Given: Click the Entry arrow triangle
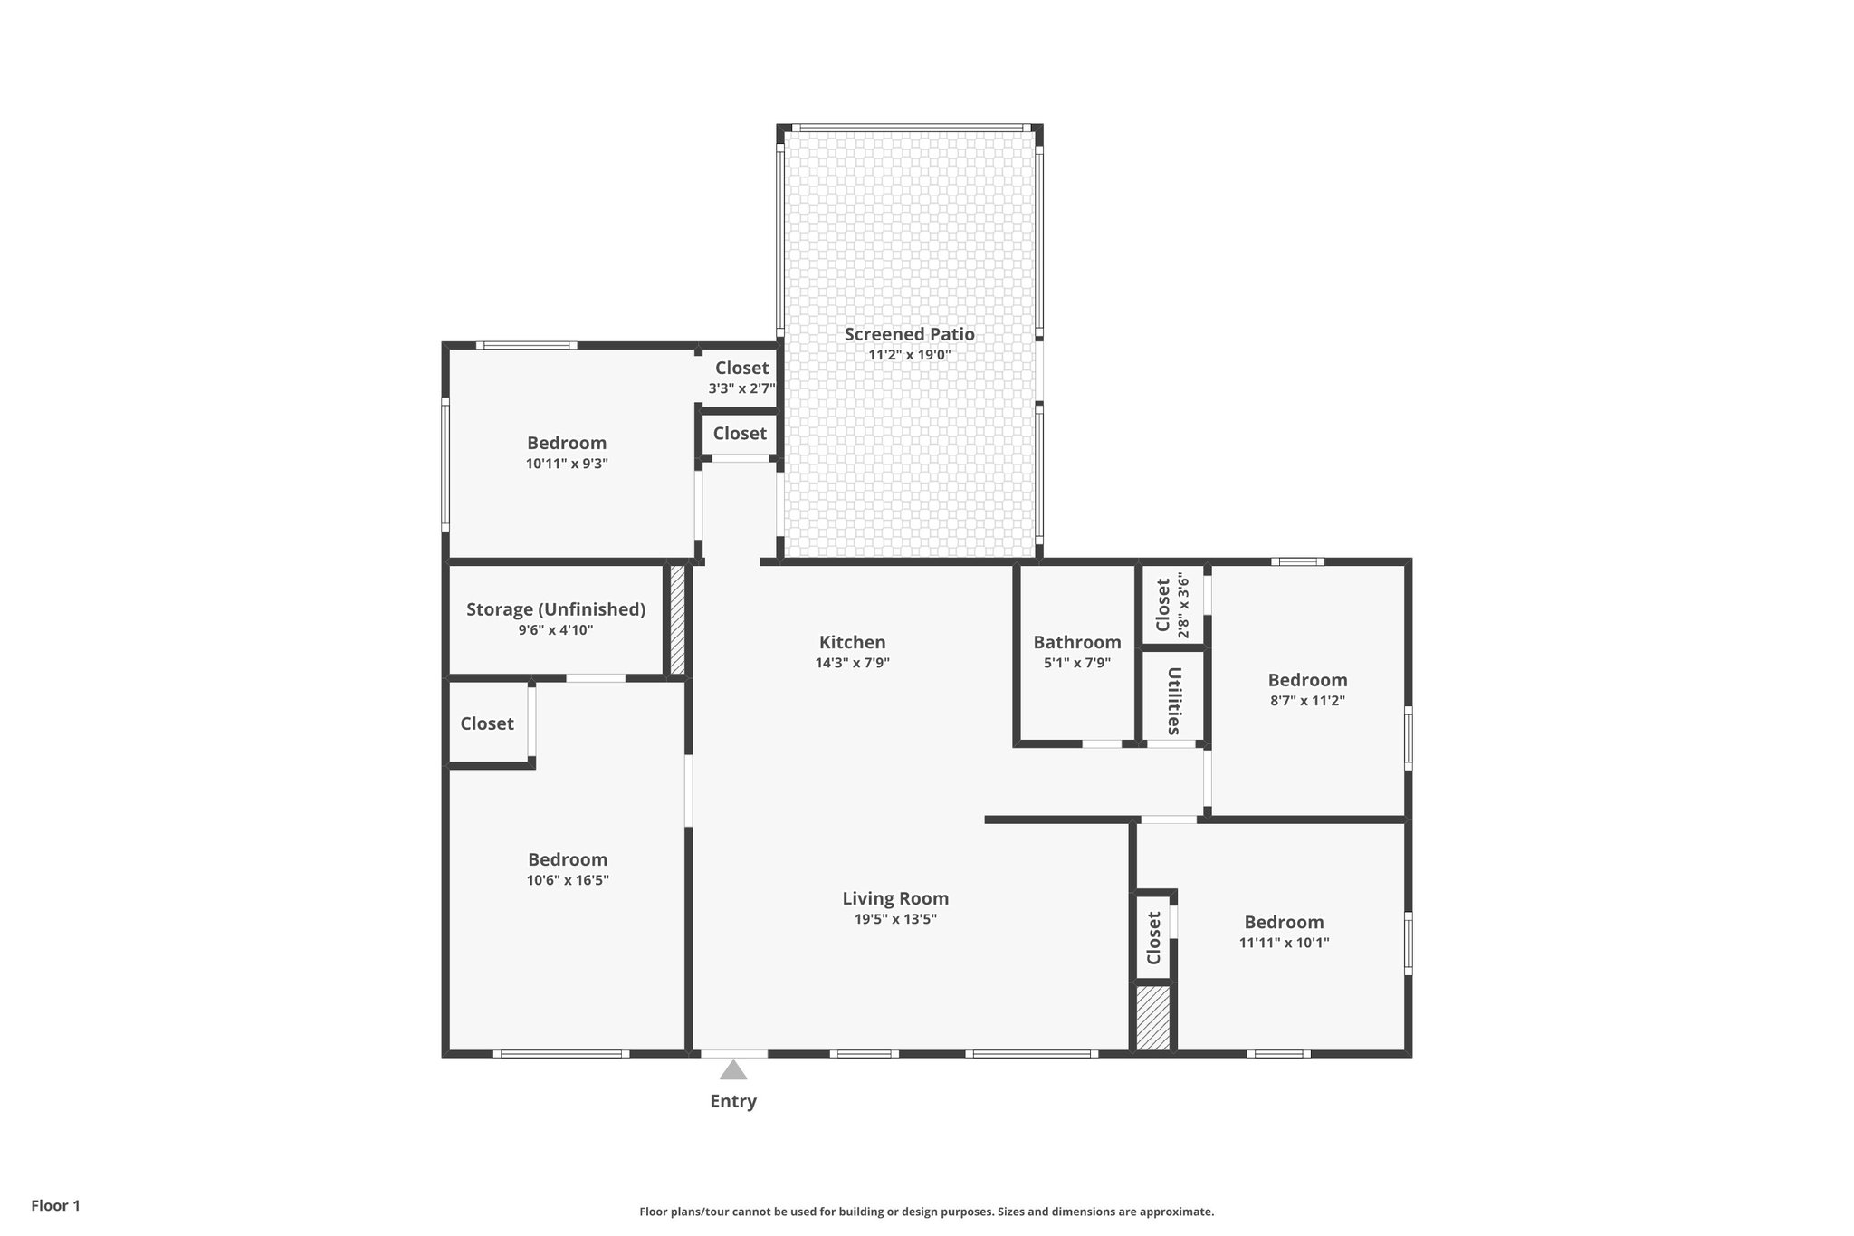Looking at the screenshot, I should pyautogui.click(x=733, y=1071).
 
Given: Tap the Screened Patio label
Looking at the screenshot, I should pyautogui.click(x=909, y=334).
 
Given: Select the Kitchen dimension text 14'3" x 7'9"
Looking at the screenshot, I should pyautogui.click(x=852, y=663).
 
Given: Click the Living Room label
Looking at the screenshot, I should pyautogui.click(x=895, y=898).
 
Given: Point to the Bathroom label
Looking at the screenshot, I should pyautogui.click(x=1076, y=642).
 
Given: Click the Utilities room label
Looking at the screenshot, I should pyautogui.click(x=1173, y=701).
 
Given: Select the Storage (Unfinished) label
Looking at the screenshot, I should pyautogui.click(x=555, y=609).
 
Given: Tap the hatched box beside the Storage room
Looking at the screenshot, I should pyautogui.click(x=676, y=620).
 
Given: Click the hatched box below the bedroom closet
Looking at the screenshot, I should pyautogui.click(x=1152, y=1019).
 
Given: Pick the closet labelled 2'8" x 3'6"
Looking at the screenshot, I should pyautogui.click(x=1172, y=604).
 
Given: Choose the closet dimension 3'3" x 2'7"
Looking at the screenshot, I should pyautogui.click(x=741, y=388).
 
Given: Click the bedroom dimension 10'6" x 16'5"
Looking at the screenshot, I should pyautogui.click(x=568, y=880).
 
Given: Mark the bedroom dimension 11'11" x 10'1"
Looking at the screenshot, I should pyautogui.click(x=1284, y=943).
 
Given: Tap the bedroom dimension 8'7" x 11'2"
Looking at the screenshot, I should pyautogui.click(x=1306, y=701).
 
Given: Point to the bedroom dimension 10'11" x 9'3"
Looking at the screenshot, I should pyautogui.click(x=567, y=464).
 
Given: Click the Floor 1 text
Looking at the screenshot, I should pyautogui.click(x=55, y=1205).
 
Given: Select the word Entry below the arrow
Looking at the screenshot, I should pyautogui.click(x=732, y=1101).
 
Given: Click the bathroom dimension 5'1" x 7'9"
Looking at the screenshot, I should pyautogui.click(x=1076, y=663).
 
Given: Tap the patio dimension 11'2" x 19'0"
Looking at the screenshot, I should pyautogui.click(x=909, y=355).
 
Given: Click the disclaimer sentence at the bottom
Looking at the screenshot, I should pyautogui.click(x=926, y=1212).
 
